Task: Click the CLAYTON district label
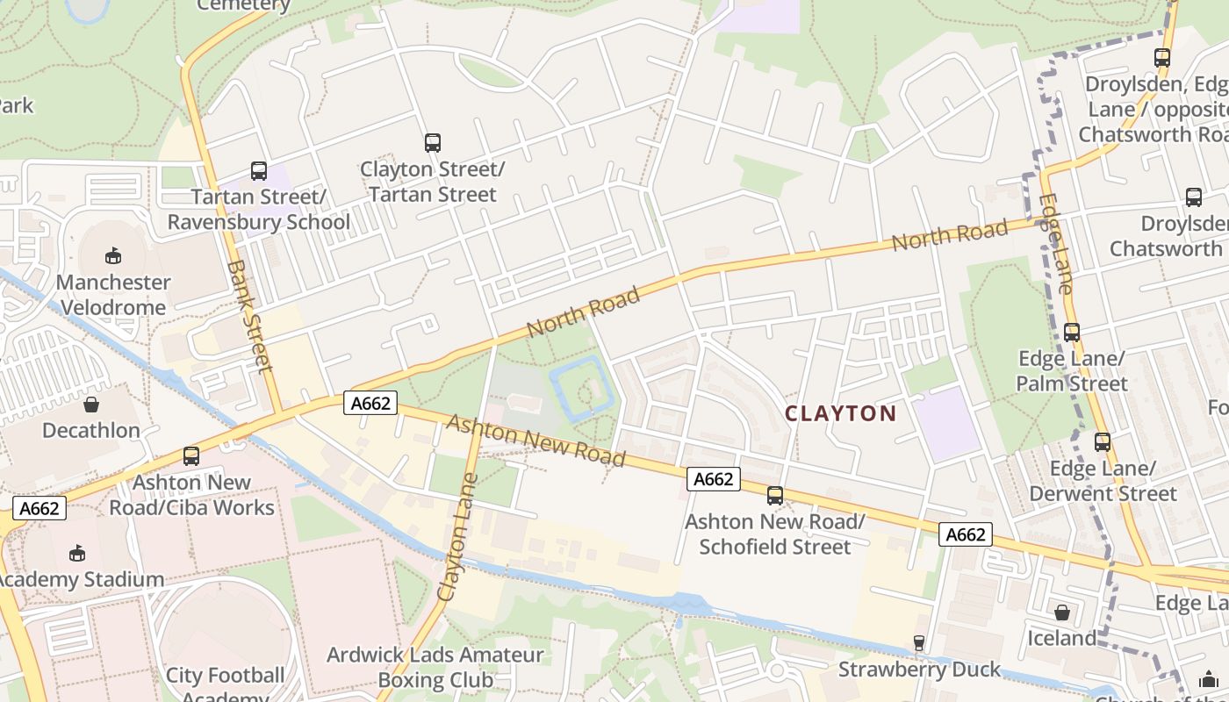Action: click(x=840, y=413)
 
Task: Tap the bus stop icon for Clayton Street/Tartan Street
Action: click(x=432, y=142)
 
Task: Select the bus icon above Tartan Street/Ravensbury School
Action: click(x=258, y=170)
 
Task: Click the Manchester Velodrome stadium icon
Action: click(x=112, y=255)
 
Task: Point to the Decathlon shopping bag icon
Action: click(x=91, y=404)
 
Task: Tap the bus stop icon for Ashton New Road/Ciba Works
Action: click(x=190, y=455)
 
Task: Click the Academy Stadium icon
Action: click(x=77, y=553)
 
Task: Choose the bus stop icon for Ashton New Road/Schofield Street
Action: click(x=774, y=495)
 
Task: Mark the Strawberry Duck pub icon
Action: click(x=918, y=643)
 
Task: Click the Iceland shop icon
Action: click(x=1062, y=612)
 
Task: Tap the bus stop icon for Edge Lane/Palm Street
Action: click(x=1071, y=332)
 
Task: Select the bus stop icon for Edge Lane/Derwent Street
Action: click(x=1103, y=441)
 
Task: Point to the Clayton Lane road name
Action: click(x=457, y=537)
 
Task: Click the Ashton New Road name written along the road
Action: click(x=535, y=440)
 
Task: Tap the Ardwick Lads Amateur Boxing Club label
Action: click(x=435, y=667)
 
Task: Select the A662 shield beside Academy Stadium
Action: click(x=40, y=508)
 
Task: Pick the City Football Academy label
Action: click(x=225, y=684)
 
